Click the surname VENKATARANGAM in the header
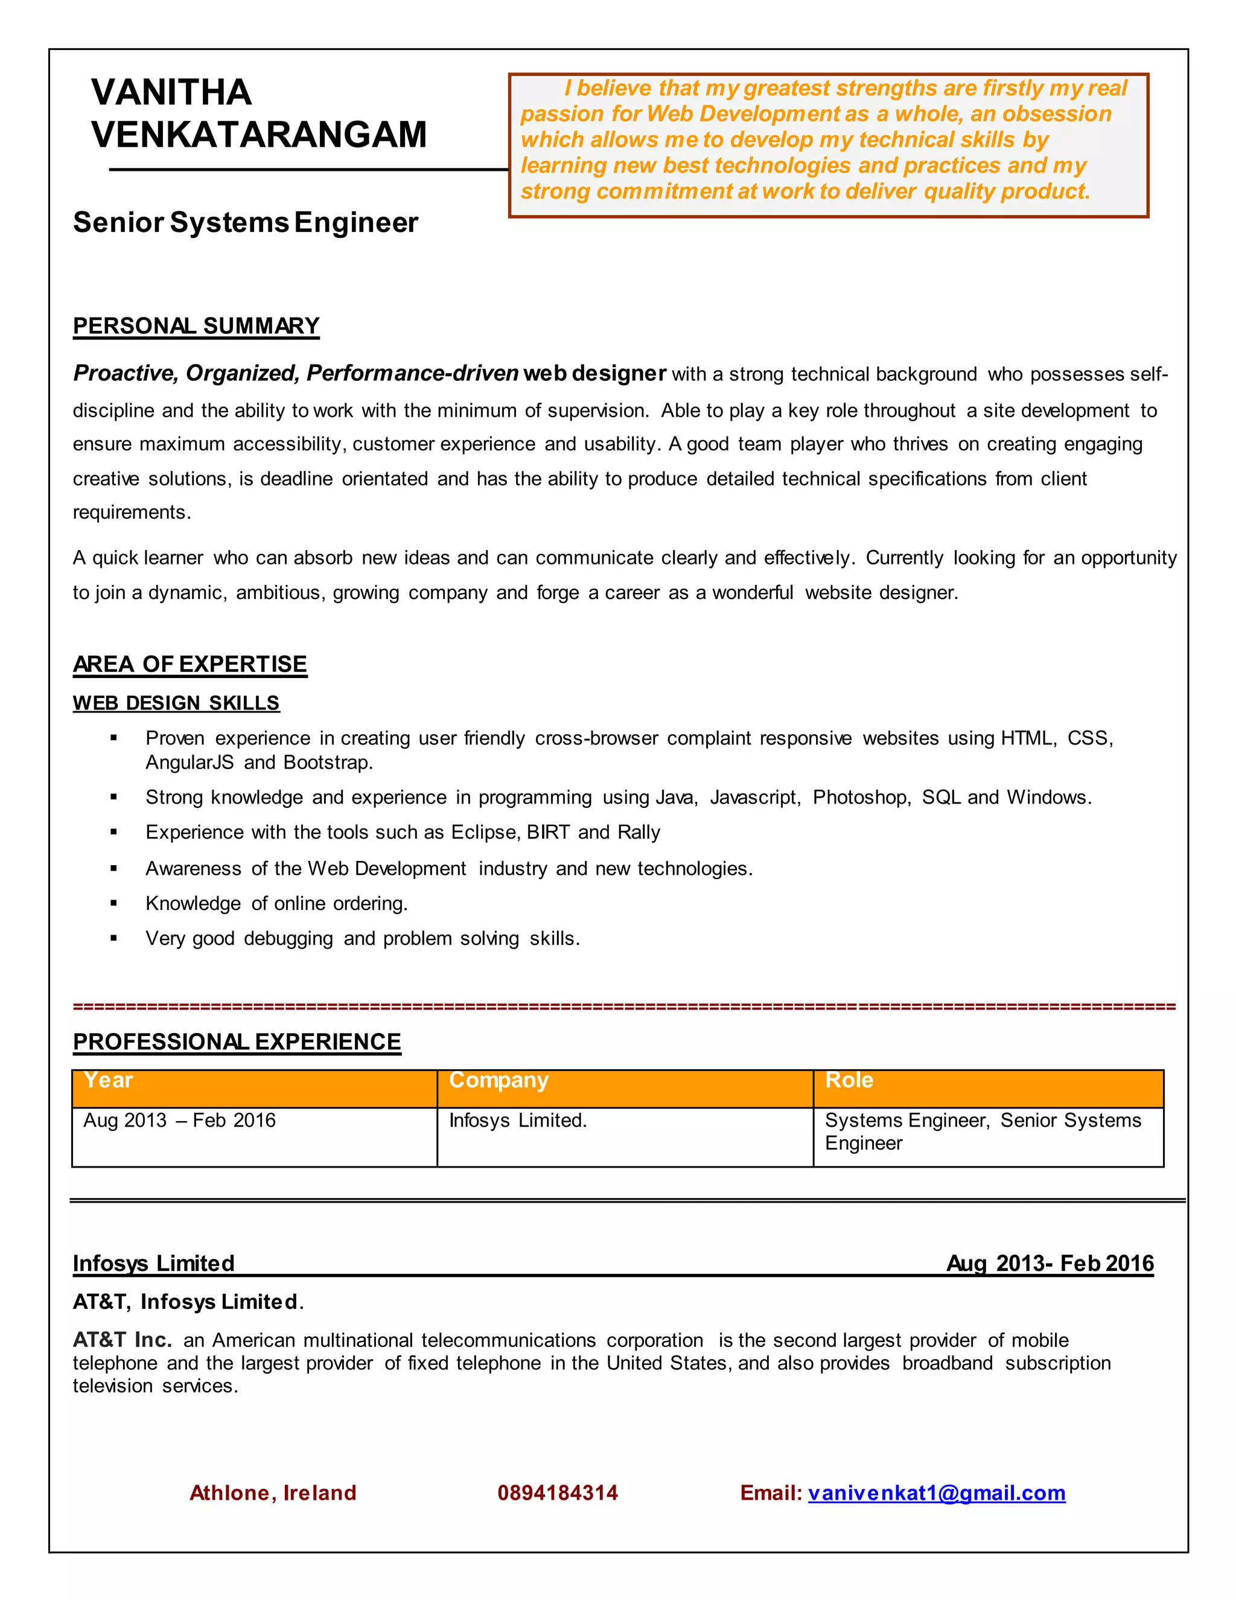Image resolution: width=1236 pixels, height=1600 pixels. (258, 135)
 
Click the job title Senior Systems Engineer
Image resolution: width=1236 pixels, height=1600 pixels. (245, 223)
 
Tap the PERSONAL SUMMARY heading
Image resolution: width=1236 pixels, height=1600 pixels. (196, 326)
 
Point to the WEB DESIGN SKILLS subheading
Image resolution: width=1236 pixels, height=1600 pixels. (176, 703)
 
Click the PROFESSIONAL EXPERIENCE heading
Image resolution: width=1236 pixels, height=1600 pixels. (237, 1041)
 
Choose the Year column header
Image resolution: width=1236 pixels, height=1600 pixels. (109, 1080)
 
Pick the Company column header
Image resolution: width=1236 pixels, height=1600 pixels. (498, 1080)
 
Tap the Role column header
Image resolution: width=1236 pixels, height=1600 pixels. (849, 1080)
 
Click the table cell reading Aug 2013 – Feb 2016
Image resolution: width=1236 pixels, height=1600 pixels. (179, 1120)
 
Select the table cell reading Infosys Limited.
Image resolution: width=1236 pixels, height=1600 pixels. (518, 1120)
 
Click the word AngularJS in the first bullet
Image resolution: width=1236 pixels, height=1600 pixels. (190, 763)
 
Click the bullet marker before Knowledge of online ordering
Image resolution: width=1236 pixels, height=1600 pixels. (113, 903)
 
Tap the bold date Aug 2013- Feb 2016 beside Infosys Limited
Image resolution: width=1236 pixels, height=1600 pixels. (1050, 1263)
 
